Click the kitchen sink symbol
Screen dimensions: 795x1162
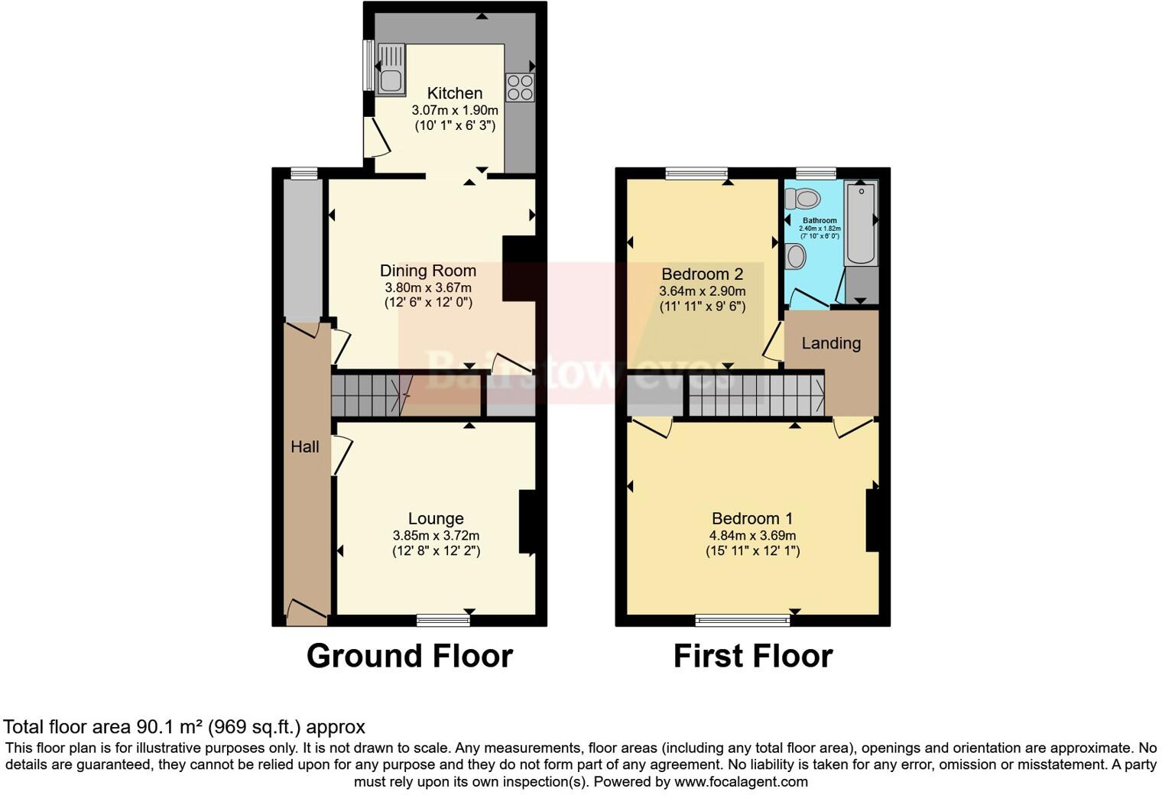(x=391, y=69)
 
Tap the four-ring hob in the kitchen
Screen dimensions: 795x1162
(x=520, y=86)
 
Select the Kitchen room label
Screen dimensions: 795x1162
(x=455, y=93)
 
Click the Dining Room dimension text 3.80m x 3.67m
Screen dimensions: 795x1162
(x=428, y=288)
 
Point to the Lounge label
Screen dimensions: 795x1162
(x=436, y=518)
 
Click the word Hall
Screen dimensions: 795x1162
(x=304, y=446)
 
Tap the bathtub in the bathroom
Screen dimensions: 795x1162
(x=861, y=222)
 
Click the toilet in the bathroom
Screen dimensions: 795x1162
(x=802, y=199)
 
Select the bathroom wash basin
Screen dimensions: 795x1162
(x=795, y=256)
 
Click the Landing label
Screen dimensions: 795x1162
(x=831, y=343)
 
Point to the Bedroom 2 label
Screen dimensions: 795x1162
(x=702, y=274)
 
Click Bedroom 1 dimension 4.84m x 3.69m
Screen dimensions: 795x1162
(x=752, y=535)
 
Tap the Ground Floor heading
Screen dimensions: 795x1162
(x=409, y=656)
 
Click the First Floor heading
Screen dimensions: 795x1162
(x=752, y=656)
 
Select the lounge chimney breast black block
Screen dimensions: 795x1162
(x=527, y=521)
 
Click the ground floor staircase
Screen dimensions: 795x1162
(x=367, y=394)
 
